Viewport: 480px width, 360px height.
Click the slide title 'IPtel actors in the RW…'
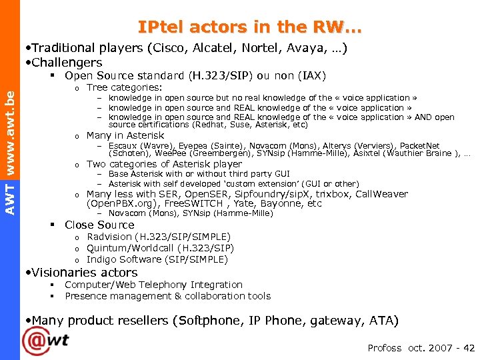tap(251, 27)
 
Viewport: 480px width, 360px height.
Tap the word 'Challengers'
tap(67, 62)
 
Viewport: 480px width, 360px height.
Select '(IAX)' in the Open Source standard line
tap(313, 76)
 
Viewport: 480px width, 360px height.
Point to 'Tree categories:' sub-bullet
tap(125, 87)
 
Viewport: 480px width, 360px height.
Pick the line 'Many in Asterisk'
tap(125, 135)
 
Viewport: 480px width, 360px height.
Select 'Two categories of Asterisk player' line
tap(164, 164)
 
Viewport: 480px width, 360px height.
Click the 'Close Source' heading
tap(99, 225)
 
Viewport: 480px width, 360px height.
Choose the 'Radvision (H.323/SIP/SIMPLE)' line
tap(159, 237)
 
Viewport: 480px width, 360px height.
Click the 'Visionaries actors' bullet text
tap(85, 272)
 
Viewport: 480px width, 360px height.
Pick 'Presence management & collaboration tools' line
tap(167, 296)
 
